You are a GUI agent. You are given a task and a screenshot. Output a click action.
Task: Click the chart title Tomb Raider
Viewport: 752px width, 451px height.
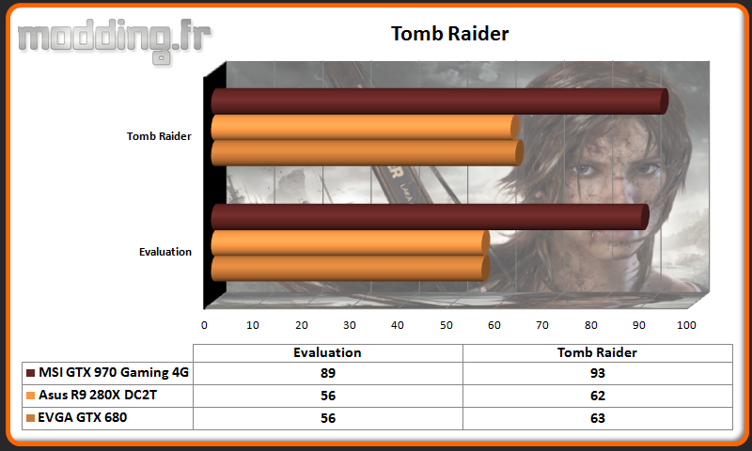[449, 34]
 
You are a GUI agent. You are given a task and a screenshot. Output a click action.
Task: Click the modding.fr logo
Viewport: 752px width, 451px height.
[114, 40]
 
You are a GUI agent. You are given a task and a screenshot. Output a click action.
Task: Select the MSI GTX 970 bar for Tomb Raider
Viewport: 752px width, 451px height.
[440, 101]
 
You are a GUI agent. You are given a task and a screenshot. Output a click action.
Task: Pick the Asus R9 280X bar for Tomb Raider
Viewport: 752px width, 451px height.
[365, 127]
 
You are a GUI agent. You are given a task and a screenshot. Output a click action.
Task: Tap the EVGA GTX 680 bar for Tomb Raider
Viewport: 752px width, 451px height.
[368, 153]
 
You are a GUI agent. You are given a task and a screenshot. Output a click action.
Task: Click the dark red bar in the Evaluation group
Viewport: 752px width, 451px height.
[431, 217]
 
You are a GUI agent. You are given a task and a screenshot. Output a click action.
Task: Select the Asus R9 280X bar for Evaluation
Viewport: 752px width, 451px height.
[351, 242]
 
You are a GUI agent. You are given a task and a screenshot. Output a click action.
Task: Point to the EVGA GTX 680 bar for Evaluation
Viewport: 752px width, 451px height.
[351, 269]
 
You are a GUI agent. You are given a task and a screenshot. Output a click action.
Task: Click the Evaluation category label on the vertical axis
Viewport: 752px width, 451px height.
[165, 252]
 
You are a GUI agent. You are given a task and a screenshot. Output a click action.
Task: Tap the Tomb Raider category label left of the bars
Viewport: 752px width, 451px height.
[159, 136]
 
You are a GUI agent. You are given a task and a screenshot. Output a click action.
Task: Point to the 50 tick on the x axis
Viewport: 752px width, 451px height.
[446, 325]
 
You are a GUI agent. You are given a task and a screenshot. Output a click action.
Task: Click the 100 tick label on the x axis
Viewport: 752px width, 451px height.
[686, 325]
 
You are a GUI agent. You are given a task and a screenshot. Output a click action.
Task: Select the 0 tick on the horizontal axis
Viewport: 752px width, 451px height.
[204, 325]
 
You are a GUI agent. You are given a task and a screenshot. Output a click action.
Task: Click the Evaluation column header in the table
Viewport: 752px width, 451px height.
[327, 352]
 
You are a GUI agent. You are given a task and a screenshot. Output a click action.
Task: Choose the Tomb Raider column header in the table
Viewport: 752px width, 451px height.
[597, 352]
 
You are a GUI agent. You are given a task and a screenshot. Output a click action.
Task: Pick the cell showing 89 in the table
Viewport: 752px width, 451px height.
[328, 373]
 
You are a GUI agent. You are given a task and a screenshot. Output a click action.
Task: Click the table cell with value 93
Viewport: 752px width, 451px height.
[598, 373]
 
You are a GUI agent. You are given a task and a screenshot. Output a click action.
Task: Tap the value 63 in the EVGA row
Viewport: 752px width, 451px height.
[598, 418]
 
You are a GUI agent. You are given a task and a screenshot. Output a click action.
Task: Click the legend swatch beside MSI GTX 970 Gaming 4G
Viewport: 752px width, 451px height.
[31, 373]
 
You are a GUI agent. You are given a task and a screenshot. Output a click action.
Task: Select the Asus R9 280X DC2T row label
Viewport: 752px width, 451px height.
[98, 395]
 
